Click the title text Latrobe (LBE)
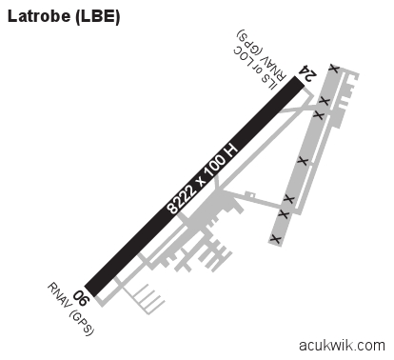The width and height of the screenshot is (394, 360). [64, 16]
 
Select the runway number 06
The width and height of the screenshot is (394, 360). [82, 298]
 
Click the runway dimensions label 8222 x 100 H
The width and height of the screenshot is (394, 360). [202, 180]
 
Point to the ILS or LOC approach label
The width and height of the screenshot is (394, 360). [253, 69]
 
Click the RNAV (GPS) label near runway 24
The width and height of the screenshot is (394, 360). [261, 54]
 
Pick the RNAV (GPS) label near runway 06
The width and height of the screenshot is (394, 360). [71, 309]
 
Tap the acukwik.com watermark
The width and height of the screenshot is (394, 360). [342, 345]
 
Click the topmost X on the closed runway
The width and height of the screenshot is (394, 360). [334, 68]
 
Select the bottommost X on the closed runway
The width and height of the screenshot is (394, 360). [275, 239]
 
